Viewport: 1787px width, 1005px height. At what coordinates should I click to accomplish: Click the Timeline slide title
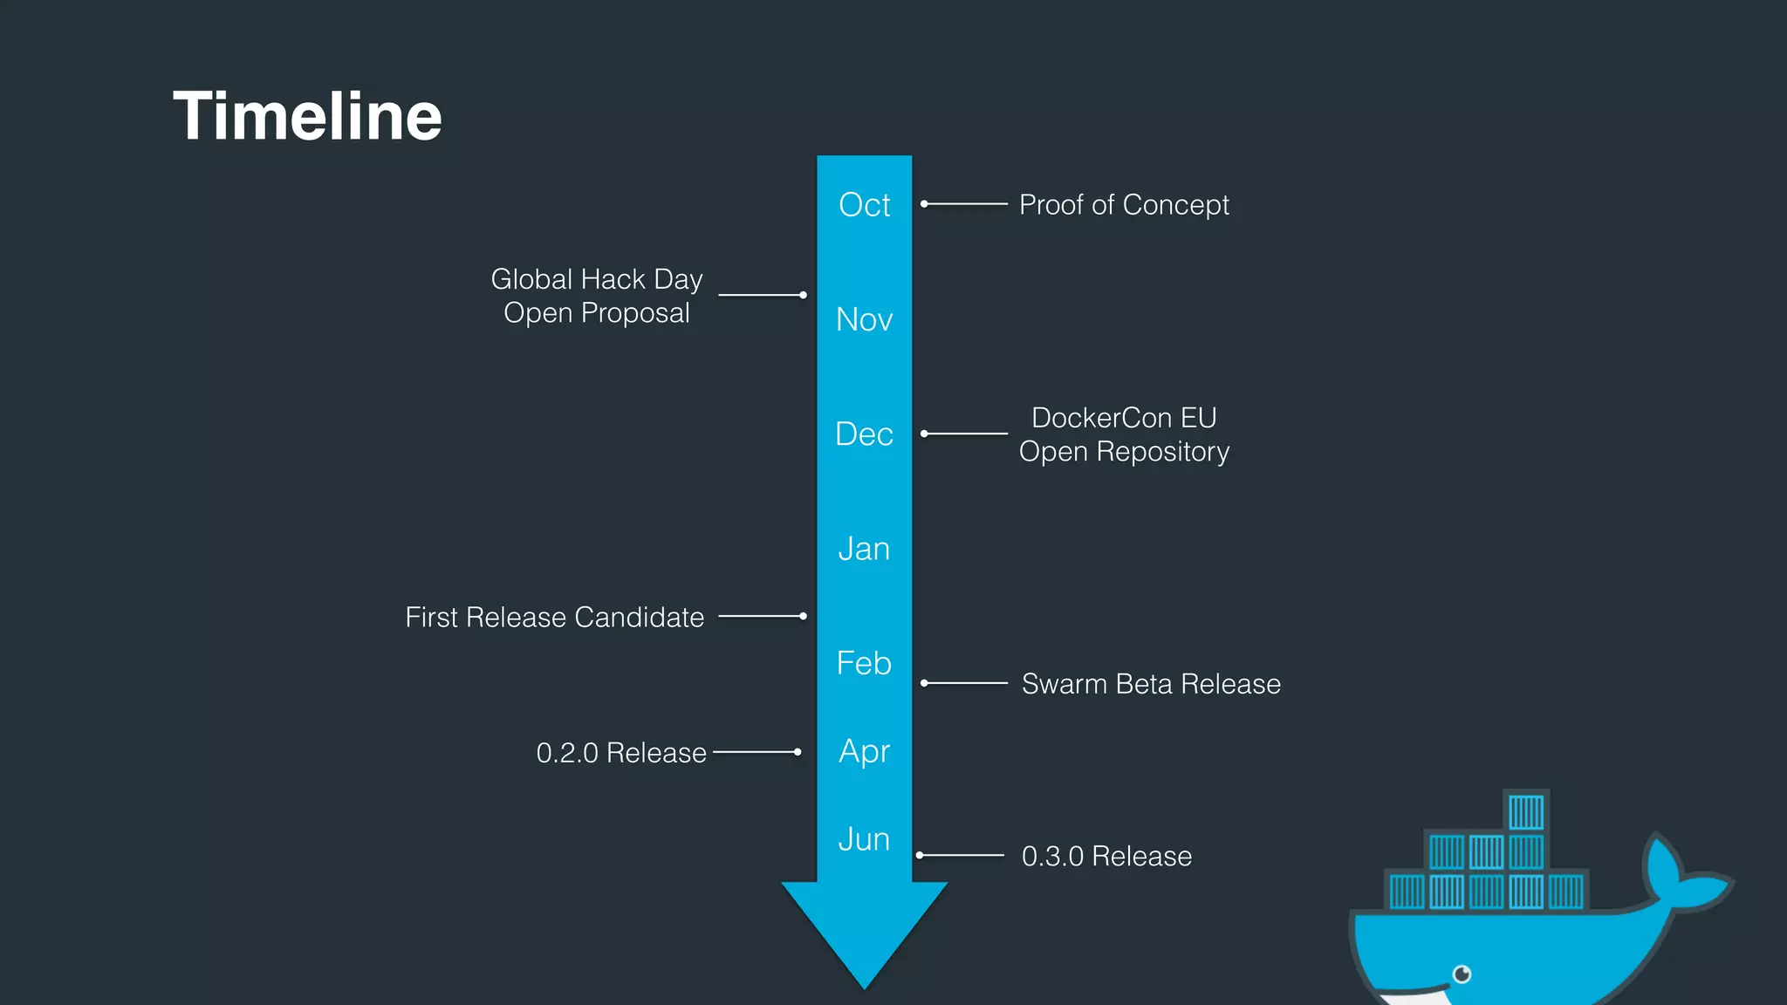click(307, 116)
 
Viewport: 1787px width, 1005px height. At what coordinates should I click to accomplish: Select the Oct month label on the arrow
click(864, 205)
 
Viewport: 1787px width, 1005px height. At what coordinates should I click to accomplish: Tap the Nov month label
click(864, 319)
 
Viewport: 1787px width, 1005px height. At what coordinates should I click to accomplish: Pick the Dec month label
click(864, 434)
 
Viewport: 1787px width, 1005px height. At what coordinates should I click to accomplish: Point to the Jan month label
click(864, 549)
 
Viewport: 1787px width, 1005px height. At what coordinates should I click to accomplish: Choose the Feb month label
click(864, 663)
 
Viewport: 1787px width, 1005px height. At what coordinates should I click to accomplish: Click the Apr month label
click(864, 751)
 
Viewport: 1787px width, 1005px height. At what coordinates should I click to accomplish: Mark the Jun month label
click(864, 839)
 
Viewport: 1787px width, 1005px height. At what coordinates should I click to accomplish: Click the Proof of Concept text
click(1124, 205)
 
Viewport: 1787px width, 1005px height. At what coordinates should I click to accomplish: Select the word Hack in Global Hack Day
click(613, 279)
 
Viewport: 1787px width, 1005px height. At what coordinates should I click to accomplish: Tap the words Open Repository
click(1124, 452)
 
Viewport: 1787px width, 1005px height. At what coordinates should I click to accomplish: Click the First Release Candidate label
click(554, 618)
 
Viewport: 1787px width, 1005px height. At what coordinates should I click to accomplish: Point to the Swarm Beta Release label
click(1151, 684)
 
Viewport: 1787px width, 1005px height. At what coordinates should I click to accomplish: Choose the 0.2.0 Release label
click(620, 753)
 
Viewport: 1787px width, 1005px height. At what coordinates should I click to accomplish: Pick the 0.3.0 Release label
click(1106, 857)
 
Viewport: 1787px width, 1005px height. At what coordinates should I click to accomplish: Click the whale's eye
click(1462, 974)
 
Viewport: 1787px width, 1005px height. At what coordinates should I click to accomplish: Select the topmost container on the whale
click(1526, 812)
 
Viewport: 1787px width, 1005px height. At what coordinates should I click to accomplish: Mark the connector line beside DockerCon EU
click(965, 434)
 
